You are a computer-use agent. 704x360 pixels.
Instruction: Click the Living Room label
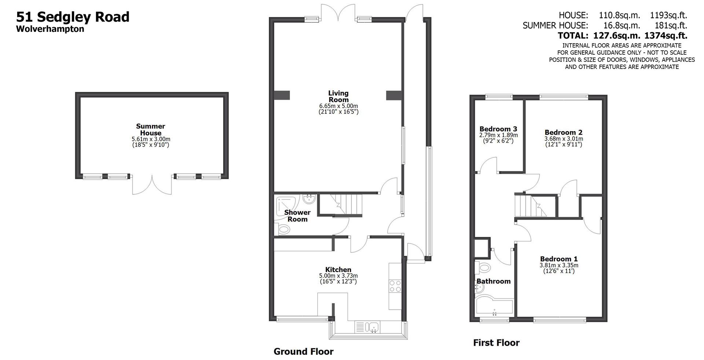pyautogui.click(x=338, y=96)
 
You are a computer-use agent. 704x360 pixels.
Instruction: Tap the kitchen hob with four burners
pyautogui.click(x=395, y=286)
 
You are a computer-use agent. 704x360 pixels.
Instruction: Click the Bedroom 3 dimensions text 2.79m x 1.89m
pyautogui.click(x=498, y=135)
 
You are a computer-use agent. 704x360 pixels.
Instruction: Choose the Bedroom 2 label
pyautogui.click(x=563, y=132)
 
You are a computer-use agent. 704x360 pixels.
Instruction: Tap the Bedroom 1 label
pyautogui.click(x=558, y=259)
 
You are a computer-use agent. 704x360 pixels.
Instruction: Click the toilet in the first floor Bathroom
pyautogui.click(x=483, y=268)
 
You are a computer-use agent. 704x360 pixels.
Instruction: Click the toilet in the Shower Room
pyautogui.click(x=283, y=230)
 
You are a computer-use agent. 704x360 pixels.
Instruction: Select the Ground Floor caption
pyautogui.click(x=303, y=352)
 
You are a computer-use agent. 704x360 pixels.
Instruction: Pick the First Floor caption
pyautogui.click(x=496, y=343)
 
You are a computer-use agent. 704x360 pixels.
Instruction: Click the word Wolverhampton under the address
pyautogui.click(x=50, y=29)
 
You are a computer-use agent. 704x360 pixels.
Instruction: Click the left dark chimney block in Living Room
pyautogui.click(x=282, y=95)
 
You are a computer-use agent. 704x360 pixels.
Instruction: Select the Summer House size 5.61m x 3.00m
pyautogui.click(x=151, y=139)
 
